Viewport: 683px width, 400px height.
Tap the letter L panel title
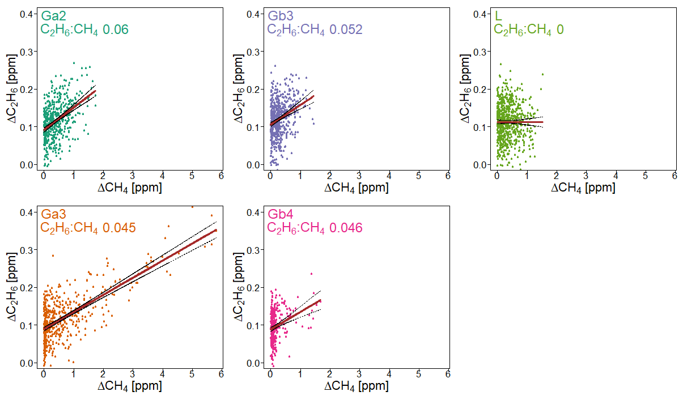pyautogui.click(x=498, y=16)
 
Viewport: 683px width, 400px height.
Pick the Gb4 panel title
pyautogui.click(x=280, y=214)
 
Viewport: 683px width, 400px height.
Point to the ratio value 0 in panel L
pyautogui.click(x=560, y=29)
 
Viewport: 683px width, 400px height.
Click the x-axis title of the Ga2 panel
pyautogui.click(x=130, y=188)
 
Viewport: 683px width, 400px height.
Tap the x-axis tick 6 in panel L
pyautogui.click(x=674, y=176)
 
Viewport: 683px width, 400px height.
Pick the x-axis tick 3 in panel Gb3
pyautogui.click(x=359, y=176)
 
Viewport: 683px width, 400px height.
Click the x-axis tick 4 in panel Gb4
pyautogui.click(x=389, y=375)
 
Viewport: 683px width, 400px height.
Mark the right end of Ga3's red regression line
pyautogui.click(x=216, y=230)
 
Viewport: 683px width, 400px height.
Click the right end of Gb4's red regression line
pyautogui.click(x=320, y=300)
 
